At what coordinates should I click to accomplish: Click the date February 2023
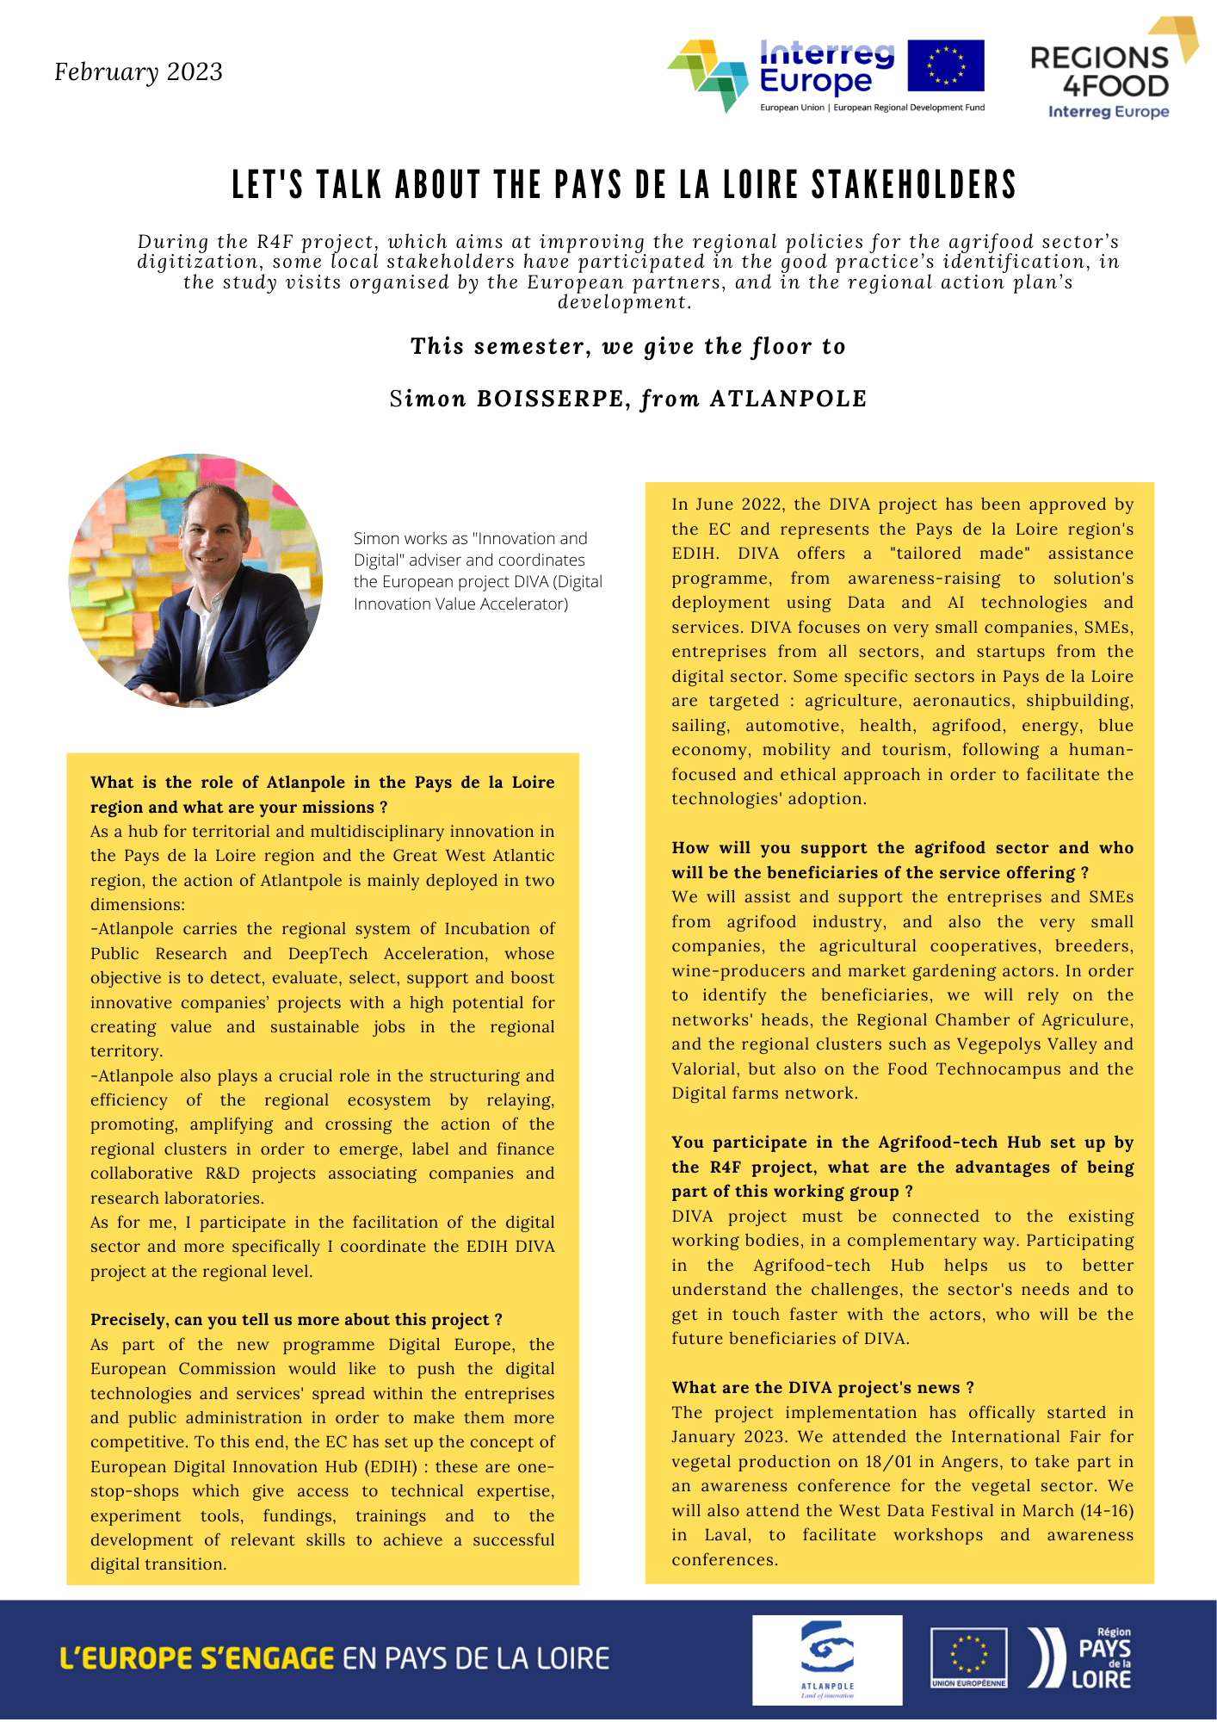tap(139, 71)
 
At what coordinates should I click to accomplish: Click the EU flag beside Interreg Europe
tap(945, 65)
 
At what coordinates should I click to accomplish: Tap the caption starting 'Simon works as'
tap(478, 570)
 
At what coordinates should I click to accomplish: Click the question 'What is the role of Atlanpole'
tap(322, 794)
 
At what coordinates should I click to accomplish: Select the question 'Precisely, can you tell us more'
tap(296, 1319)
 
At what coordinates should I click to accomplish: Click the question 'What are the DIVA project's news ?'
tap(822, 1387)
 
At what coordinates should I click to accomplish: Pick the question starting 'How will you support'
tap(902, 859)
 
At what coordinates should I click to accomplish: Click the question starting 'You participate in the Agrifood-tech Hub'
tap(902, 1166)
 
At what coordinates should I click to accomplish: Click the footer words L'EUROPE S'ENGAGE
tap(196, 1658)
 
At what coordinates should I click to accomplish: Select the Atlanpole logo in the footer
tap(826, 1659)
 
